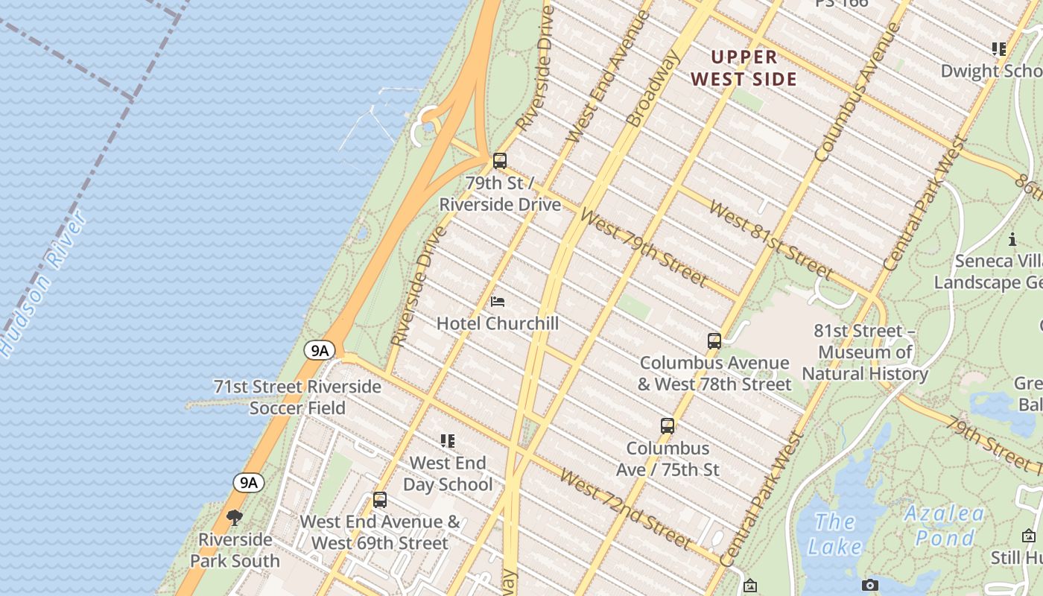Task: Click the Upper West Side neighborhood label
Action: (744, 68)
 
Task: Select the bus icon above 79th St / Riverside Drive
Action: (500, 160)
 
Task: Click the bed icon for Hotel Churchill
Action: (498, 302)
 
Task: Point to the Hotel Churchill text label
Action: (497, 323)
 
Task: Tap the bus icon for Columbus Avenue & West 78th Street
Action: (714, 341)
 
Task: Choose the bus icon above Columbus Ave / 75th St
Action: (668, 426)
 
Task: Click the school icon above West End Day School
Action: (447, 441)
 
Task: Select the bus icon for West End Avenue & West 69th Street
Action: (380, 500)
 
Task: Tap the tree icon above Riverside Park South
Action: (235, 517)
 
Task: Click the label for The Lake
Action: (834, 534)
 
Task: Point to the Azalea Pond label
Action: (945, 525)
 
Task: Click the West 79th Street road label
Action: (642, 247)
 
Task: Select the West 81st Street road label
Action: (770, 238)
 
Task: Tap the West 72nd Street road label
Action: (624, 508)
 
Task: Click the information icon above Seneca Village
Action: (1012, 239)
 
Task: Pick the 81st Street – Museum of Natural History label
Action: (864, 352)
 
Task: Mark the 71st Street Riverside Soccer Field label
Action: (297, 397)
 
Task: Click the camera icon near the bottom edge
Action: (869, 586)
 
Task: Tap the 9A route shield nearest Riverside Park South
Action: (248, 482)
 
